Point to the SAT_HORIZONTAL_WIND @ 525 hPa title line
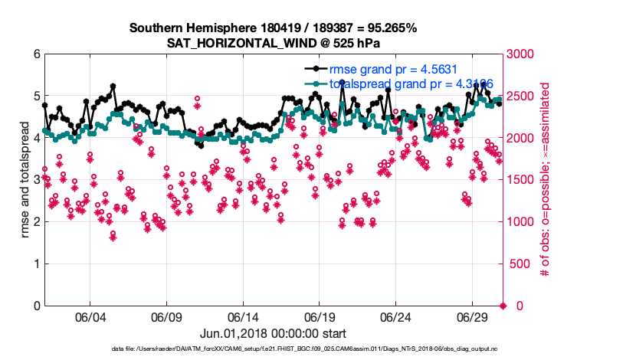pos(274,42)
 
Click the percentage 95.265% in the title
pos(391,28)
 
